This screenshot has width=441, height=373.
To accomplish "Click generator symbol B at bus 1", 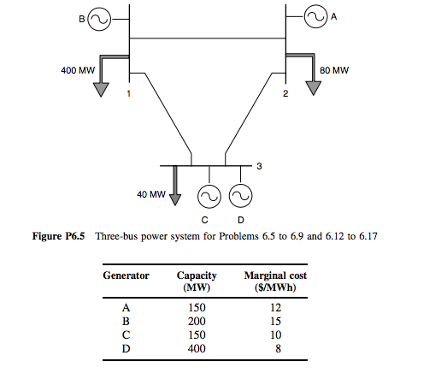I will coord(97,18).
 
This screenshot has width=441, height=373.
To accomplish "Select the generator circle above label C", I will coord(208,197).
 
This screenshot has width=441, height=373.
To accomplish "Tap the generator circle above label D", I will coord(241,197).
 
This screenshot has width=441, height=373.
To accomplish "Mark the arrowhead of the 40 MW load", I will coord(174,199).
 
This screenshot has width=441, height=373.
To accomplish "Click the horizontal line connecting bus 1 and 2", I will coord(206,37).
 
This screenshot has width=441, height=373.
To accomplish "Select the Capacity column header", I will coord(196,281).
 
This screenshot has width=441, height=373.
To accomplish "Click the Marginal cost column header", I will coord(275,281).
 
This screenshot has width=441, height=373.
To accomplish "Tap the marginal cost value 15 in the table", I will coord(275,320).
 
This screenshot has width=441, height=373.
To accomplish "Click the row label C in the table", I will coord(126,335).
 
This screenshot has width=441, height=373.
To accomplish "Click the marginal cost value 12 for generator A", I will coord(275,305).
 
